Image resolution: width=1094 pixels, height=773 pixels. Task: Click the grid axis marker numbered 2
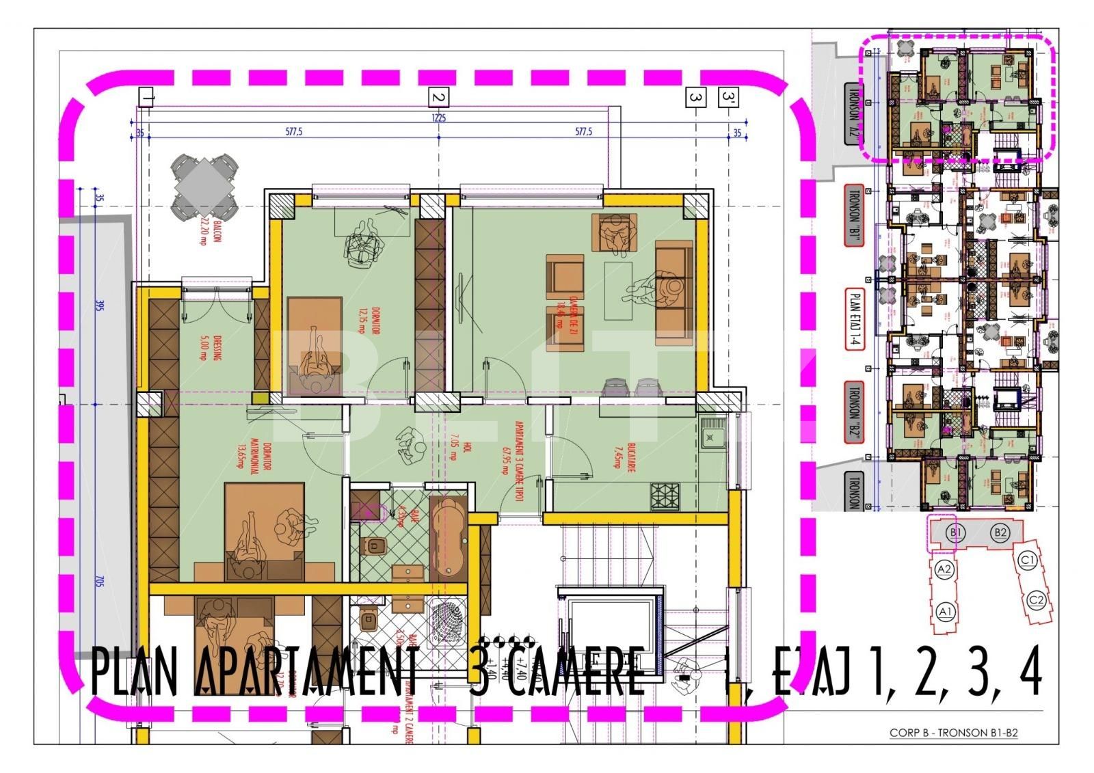click(x=438, y=98)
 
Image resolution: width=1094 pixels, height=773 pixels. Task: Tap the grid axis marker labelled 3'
click(x=728, y=98)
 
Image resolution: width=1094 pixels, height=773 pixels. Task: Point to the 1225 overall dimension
click(x=438, y=118)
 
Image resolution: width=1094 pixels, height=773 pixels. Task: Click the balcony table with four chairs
click(x=204, y=185)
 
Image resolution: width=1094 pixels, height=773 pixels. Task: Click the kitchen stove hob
click(x=665, y=496)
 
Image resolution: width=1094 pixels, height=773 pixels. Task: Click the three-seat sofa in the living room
click(x=673, y=293)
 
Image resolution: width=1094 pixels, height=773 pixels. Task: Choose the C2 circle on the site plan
click(x=1037, y=601)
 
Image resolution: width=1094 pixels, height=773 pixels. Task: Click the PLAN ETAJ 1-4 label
click(x=854, y=318)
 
